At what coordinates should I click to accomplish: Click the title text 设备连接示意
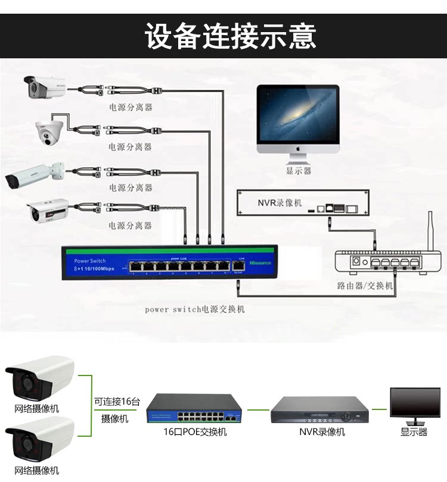pyautogui.click(x=230, y=36)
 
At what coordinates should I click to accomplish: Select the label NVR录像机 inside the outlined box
pyautogui.click(x=280, y=202)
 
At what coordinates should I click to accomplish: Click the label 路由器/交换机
pyautogui.click(x=365, y=286)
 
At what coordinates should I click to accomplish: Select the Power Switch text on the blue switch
pyautogui.click(x=90, y=261)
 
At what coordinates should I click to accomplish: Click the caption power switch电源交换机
pyautogui.click(x=195, y=309)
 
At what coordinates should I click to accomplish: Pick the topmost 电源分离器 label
pyautogui.click(x=131, y=108)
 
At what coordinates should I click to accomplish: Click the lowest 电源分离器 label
pyautogui.click(x=131, y=226)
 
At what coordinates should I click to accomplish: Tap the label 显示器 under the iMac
pyautogui.click(x=298, y=171)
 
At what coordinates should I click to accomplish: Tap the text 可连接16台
pyautogui.click(x=117, y=402)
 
